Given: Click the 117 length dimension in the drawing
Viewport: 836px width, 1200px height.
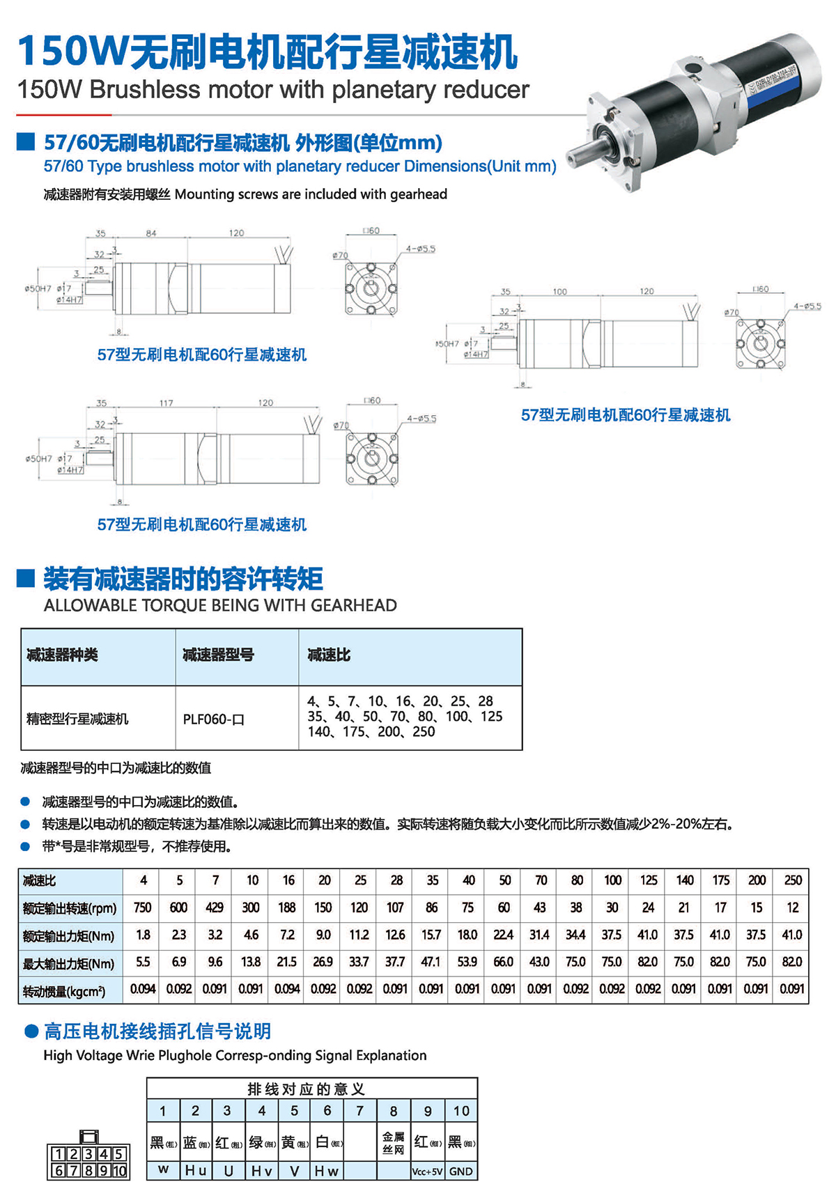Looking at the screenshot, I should pyautogui.click(x=166, y=403).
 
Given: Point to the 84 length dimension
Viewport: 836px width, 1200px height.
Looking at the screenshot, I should pyautogui.click(x=151, y=233).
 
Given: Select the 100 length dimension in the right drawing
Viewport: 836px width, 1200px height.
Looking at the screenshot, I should pyautogui.click(x=559, y=291).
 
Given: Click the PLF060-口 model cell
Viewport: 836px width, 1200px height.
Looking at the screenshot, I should pyautogui.click(x=214, y=719).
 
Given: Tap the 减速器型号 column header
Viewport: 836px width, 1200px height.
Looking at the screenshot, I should pyautogui.click(x=218, y=655).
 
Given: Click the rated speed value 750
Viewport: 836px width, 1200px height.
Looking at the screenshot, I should pyautogui.click(x=142, y=907).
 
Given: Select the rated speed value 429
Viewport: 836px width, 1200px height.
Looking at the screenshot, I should pyautogui.click(x=215, y=907).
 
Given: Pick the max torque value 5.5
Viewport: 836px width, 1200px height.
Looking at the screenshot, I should pyautogui.click(x=143, y=962).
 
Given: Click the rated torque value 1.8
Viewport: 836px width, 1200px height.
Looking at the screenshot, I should pyautogui.click(x=143, y=935).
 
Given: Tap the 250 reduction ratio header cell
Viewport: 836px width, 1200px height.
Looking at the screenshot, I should pyautogui.click(x=793, y=880).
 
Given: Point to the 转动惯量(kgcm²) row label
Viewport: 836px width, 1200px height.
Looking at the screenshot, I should pyautogui.click(x=64, y=990).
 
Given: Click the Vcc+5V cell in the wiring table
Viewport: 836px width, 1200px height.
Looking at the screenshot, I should pyautogui.click(x=427, y=1171).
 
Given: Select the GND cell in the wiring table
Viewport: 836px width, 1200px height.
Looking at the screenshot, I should pyautogui.click(x=460, y=1171).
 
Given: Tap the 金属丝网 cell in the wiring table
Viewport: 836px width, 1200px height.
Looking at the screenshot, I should pyautogui.click(x=394, y=1143).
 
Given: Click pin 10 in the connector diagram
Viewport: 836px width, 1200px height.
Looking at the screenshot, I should pyautogui.click(x=119, y=1171).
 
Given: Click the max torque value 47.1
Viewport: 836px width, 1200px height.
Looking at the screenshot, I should pyautogui.click(x=431, y=962).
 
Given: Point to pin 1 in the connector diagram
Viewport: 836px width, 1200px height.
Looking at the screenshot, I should pyautogui.click(x=59, y=1155).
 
